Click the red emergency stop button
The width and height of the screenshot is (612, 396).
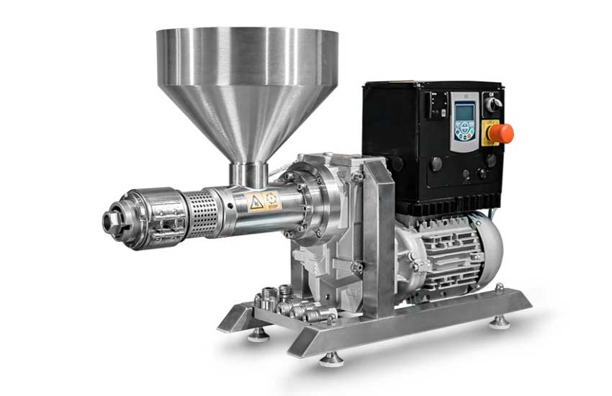pyautogui.click(x=503, y=132)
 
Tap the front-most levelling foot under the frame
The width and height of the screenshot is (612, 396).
pyautogui.click(x=331, y=357)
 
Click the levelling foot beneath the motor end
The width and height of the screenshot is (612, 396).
pyautogui.click(x=499, y=321)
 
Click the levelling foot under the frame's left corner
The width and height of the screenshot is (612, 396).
pyautogui.click(x=258, y=333)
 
